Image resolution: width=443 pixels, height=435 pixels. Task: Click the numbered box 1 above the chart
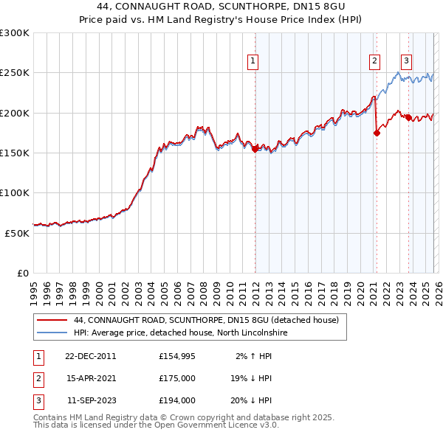pyautogui.click(x=253, y=61)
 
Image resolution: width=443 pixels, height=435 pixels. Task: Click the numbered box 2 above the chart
pyautogui.click(x=375, y=61)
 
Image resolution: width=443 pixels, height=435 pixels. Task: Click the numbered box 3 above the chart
pyautogui.click(x=407, y=61)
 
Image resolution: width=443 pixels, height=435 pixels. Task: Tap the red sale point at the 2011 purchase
pyautogui.click(x=255, y=148)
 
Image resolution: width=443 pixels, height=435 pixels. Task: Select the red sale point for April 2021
pyautogui.click(x=377, y=133)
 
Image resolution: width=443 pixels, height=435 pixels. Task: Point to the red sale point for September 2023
pyautogui.click(x=408, y=117)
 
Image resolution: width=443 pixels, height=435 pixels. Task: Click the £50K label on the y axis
pyautogui.click(x=17, y=232)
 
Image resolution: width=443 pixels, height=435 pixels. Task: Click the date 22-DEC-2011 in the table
pyautogui.click(x=91, y=356)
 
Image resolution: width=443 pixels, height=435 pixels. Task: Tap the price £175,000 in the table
pyautogui.click(x=177, y=378)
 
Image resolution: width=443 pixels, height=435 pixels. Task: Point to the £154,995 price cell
pyautogui.click(x=177, y=356)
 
